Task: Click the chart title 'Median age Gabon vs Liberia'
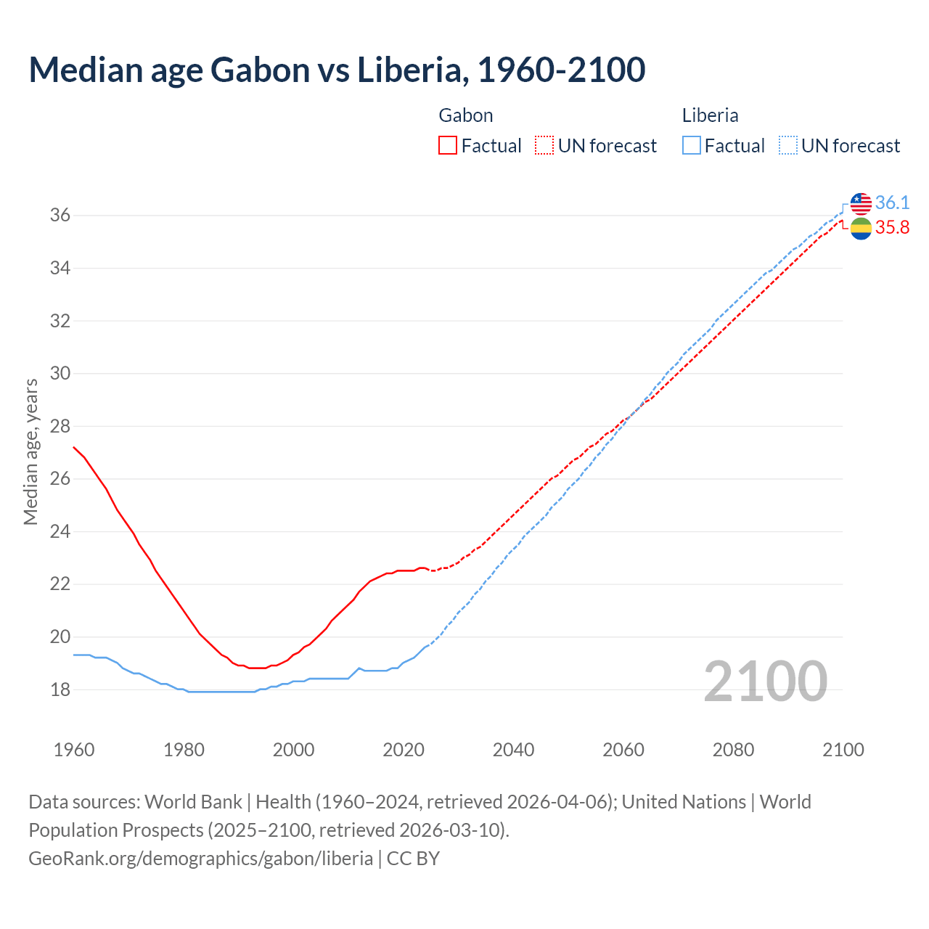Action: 337,70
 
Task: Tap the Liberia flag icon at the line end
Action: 861,203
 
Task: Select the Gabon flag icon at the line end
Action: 861,228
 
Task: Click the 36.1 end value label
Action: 892,203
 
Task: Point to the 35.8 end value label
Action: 892,228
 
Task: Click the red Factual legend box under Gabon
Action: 448,146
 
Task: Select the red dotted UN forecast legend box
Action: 544,146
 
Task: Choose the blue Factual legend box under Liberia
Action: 691,146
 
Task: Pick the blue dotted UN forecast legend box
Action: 787,146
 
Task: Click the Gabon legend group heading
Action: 466,115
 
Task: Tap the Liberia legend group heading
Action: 710,115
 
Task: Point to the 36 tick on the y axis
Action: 60,216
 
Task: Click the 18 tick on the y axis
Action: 60,689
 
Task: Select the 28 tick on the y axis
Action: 60,426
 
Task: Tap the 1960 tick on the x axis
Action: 74,750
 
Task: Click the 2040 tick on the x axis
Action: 513,750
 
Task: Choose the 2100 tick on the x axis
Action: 843,750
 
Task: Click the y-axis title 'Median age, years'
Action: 30,451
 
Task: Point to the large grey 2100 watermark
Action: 765,682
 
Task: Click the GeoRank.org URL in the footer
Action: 200,859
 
